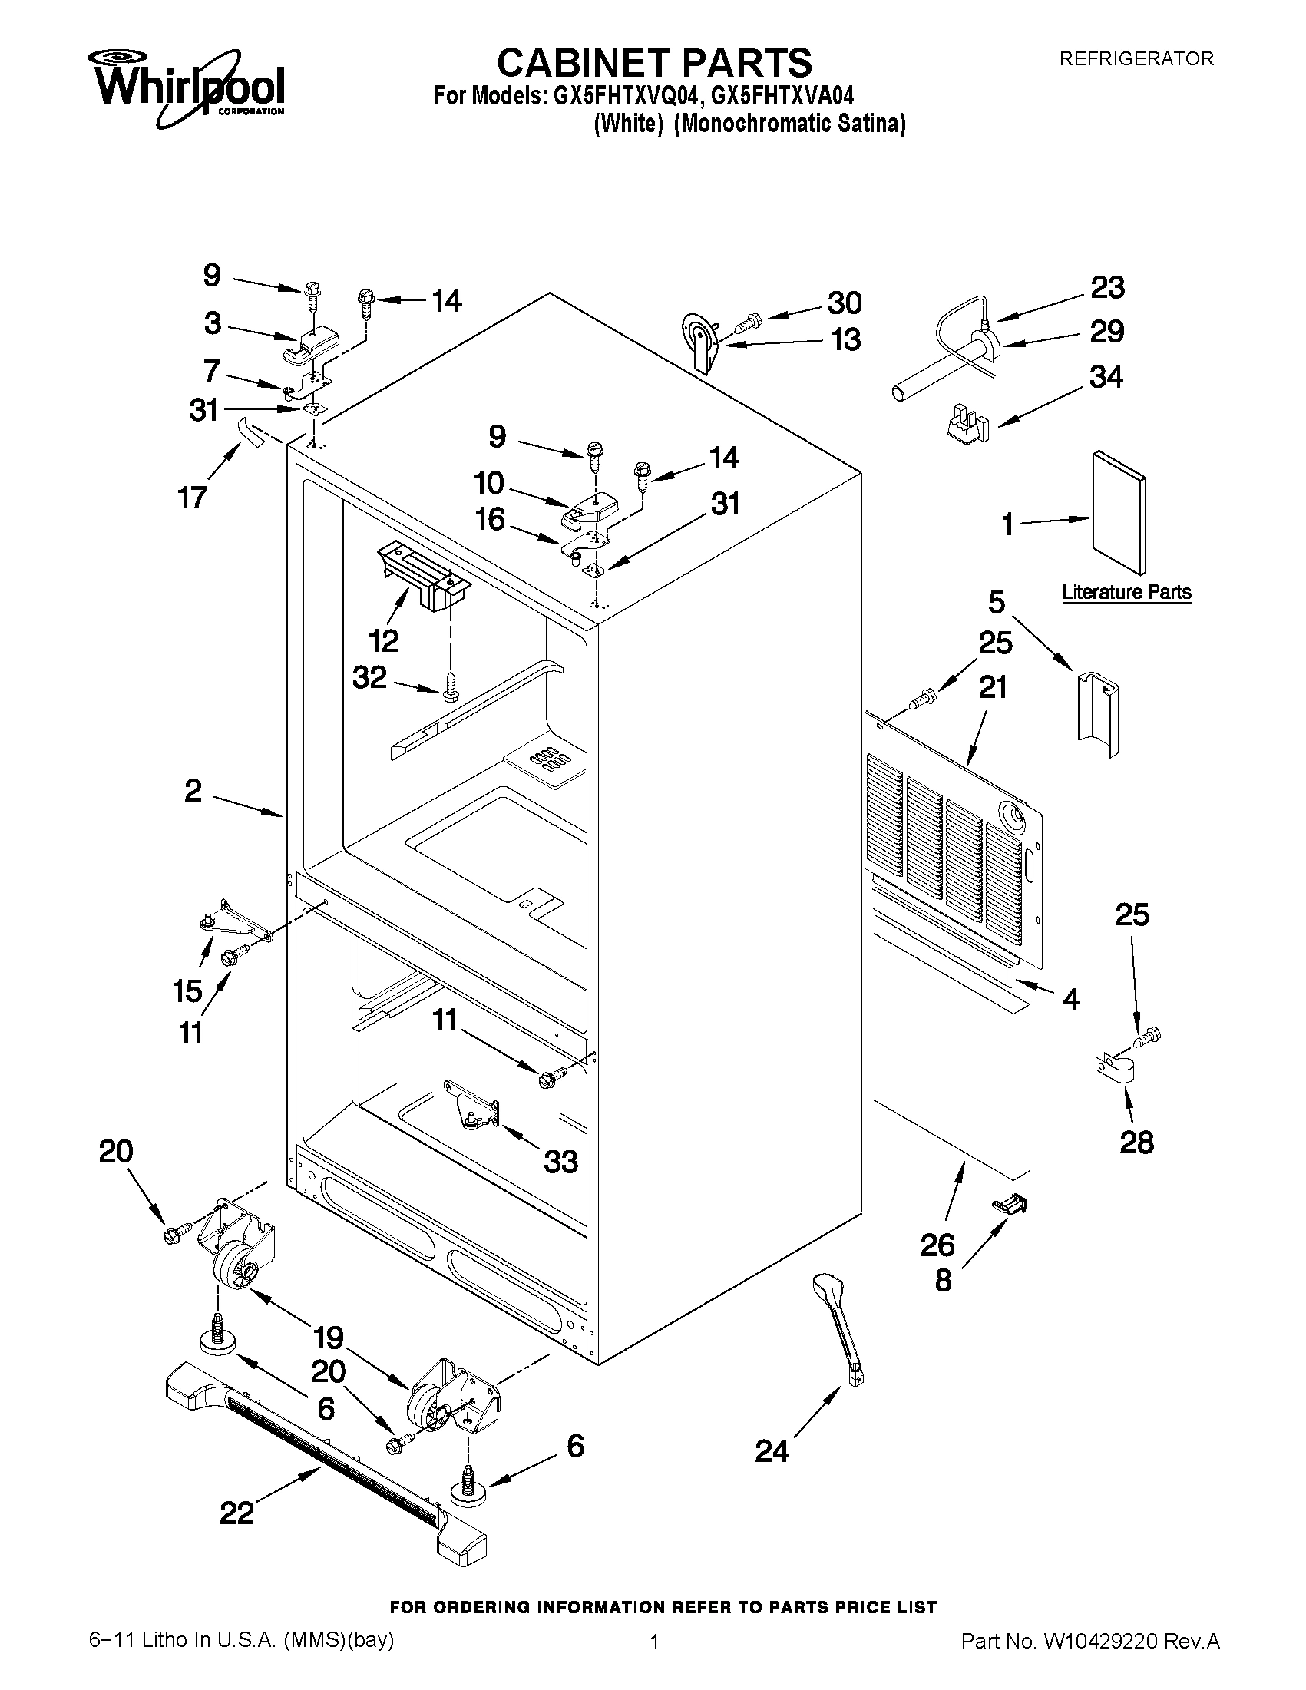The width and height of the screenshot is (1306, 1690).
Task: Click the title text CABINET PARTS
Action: pyautogui.click(x=654, y=61)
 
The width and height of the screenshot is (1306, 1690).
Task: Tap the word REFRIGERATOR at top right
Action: pyautogui.click(x=1136, y=59)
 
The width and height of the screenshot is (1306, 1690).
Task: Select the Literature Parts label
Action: pyautogui.click(x=1126, y=593)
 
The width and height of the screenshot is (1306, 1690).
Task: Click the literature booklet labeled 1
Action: pyautogui.click(x=1119, y=511)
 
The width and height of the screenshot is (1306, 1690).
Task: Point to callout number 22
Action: pyautogui.click(x=236, y=1513)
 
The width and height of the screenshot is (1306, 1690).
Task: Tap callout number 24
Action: pyautogui.click(x=772, y=1452)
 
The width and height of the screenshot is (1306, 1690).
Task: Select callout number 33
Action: pyautogui.click(x=560, y=1161)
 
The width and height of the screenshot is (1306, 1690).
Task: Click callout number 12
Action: pyautogui.click(x=384, y=640)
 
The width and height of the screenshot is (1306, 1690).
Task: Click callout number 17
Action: pyautogui.click(x=193, y=498)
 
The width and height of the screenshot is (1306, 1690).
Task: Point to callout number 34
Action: pyautogui.click(x=1106, y=377)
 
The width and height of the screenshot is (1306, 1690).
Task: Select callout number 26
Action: pyautogui.click(x=937, y=1245)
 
